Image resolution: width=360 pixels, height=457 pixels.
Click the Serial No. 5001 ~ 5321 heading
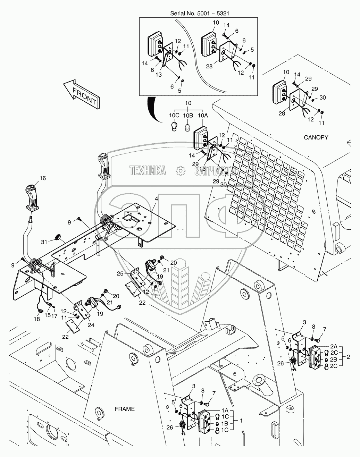tap(199, 14)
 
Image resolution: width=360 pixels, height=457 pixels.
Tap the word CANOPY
tap(316, 137)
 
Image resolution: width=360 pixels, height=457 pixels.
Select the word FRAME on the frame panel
tap(124, 409)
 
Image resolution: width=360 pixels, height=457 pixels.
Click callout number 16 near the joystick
tap(42, 178)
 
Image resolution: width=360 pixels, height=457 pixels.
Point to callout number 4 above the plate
tap(157, 199)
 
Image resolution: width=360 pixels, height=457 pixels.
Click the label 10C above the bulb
tap(174, 115)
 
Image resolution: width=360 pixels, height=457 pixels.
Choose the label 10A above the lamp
tap(203, 115)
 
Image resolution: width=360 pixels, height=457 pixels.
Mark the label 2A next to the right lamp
tap(334, 346)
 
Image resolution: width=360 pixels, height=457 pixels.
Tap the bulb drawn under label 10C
tap(174, 126)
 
